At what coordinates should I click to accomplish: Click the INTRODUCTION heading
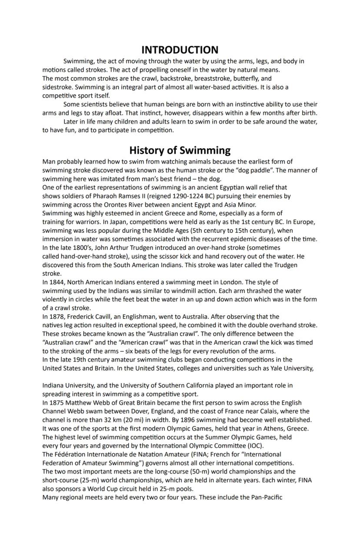[x=180, y=50]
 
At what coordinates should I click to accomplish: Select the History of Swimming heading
[x=180, y=150]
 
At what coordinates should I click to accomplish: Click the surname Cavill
[x=109, y=316]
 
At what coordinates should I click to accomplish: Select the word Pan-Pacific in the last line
[x=267, y=497]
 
